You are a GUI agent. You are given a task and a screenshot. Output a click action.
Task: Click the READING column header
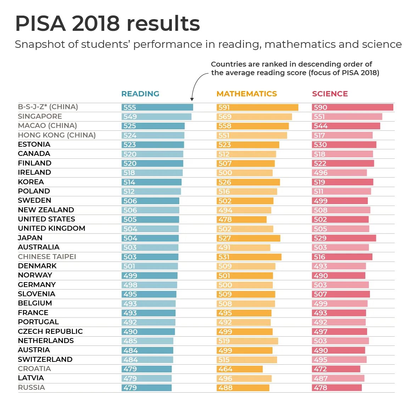click(x=140, y=94)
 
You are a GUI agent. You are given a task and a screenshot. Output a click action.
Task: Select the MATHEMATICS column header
click(x=247, y=94)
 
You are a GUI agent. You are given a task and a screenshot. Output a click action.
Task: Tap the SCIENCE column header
click(x=330, y=94)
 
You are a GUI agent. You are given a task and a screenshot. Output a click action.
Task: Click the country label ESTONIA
click(x=34, y=144)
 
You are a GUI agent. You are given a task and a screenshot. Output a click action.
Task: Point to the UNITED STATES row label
click(x=46, y=219)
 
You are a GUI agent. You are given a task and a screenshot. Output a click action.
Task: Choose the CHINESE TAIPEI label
click(x=47, y=257)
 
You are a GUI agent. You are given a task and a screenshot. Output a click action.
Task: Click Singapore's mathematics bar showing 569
click(x=254, y=117)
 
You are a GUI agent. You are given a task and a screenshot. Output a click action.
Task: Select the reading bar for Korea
click(x=151, y=182)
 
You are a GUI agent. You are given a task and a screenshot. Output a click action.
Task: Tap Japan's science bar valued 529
click(x=344, y=238)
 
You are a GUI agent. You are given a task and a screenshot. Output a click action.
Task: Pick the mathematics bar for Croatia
click(x=240, y=369)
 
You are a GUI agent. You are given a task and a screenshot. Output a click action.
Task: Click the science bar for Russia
click(x=337, y=388)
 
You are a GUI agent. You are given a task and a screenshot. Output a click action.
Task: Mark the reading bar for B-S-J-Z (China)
click(x=157, y=107)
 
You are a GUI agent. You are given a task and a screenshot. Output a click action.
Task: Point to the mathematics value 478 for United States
click(x=225, y=219)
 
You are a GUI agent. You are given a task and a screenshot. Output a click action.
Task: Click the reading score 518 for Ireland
click(x=129, y=173)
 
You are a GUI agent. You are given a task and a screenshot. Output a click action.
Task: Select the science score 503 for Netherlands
click(x=320, y=341)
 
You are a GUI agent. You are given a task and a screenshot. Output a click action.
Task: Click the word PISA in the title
click(x=40, y=23)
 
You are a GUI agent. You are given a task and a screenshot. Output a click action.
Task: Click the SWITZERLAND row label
click(x=45, y=359)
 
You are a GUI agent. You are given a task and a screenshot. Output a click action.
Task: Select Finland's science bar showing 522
click(x=343, y=163)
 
